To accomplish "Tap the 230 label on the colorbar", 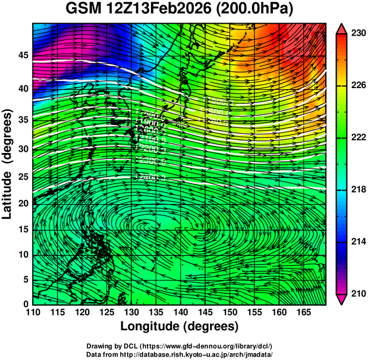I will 357,34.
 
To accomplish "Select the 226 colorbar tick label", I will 357,86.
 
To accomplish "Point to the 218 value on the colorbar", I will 357,189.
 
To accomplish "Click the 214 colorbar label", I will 357,241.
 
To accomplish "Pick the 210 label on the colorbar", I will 357,293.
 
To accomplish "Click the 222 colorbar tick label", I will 357,137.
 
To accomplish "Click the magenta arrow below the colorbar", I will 342,299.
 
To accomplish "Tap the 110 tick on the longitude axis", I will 33,312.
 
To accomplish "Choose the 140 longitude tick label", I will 180,312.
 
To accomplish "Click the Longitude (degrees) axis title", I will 180,326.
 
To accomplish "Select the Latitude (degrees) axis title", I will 8,162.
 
